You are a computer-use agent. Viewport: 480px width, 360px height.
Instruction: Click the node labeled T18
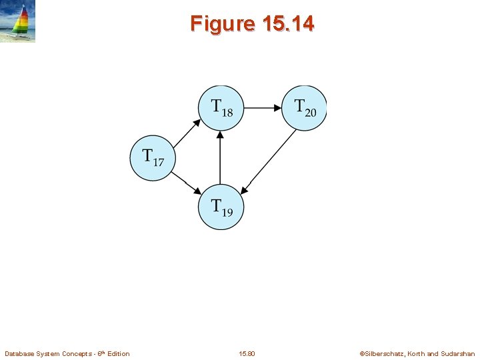pos(221,107)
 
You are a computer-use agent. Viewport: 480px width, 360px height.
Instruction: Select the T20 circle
pos(304,107)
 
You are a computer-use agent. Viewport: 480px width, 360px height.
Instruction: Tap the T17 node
pos(152,158)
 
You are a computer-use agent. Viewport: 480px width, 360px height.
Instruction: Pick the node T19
pos(221,207)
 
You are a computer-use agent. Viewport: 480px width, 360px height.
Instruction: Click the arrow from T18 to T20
pos(263,107)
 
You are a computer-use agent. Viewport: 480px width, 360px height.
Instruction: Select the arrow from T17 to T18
pos(186,133)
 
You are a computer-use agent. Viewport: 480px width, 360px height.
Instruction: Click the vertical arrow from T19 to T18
pos(221,157)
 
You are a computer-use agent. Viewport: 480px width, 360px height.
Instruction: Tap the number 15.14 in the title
pos(289,24)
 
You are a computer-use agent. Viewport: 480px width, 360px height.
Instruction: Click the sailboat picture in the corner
pos(17,21)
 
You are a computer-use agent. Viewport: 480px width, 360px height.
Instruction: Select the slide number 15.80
pos(246,353)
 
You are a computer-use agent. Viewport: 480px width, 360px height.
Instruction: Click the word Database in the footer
pos(19,353)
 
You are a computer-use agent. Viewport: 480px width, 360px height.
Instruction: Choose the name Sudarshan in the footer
pos(459,353)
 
